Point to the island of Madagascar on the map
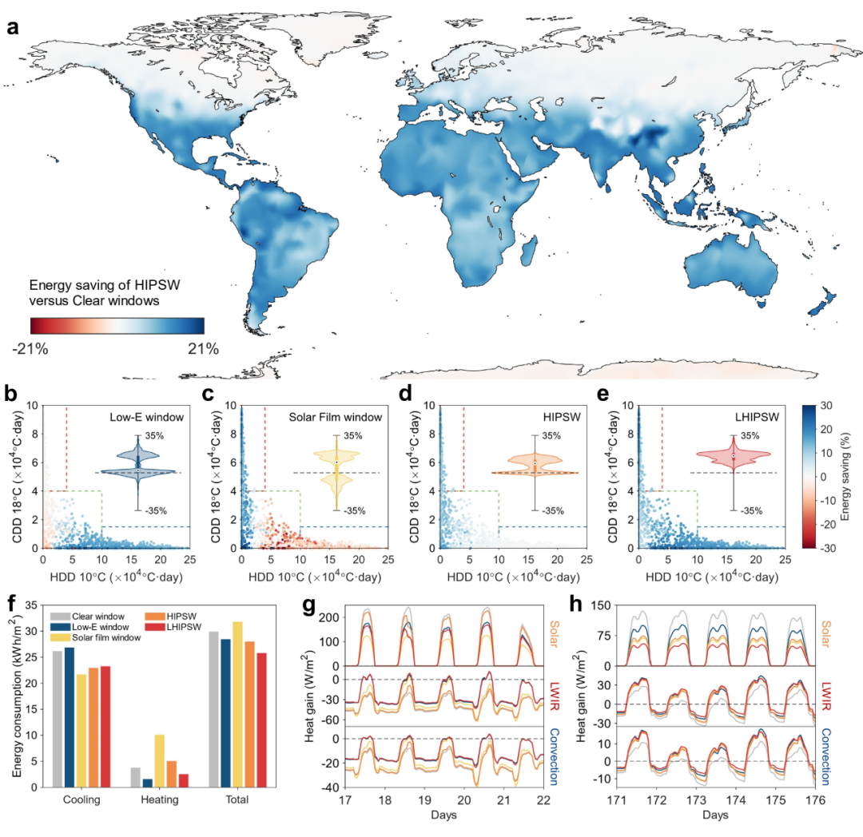527,254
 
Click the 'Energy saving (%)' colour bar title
853,477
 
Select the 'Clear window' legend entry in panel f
96,616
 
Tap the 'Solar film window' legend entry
106,638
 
